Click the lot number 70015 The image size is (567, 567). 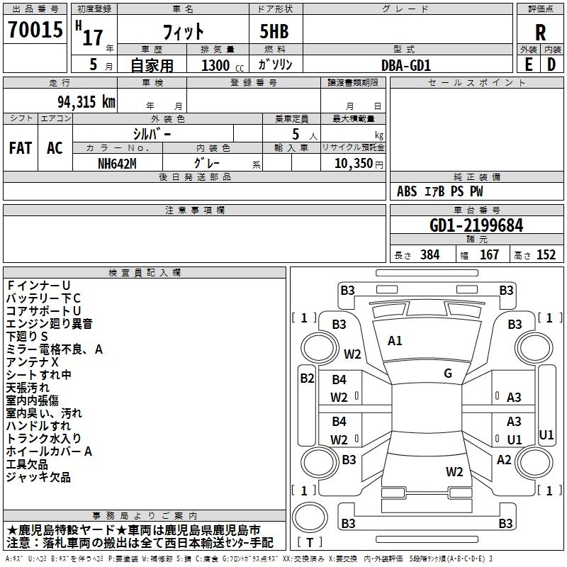tap(35, 29)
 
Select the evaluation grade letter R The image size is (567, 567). tap(540, 33)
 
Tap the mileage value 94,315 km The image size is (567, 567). tap(86, 102)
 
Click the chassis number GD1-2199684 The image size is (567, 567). tap(476, 225)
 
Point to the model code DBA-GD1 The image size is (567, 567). tap(406, 65)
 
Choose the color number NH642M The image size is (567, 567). tap(117, 164)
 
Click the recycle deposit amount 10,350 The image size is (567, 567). tap(353, 163)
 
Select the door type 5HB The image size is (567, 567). tap(274, 31)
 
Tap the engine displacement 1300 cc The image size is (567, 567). tap(223, 65)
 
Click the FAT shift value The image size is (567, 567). tap(21, 148)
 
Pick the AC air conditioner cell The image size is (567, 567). tap(55, 148)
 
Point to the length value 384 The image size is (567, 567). tap(430, 255)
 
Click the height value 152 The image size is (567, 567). tap(546, 255)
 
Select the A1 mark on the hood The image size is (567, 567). tap(395, 341)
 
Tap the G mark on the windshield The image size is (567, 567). tap(448, 374)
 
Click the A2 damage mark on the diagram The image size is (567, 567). tap(504, 460)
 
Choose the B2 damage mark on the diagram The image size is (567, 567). tap(307, 378)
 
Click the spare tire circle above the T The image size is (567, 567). tap(310, 517)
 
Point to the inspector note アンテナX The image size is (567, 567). tap(32, 362)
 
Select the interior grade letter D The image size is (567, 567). tap(551, 64)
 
